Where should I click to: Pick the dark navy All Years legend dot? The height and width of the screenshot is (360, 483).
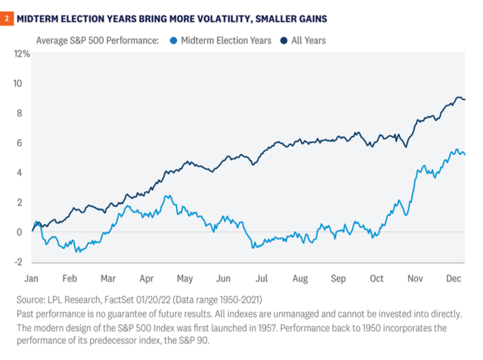click(284, 41)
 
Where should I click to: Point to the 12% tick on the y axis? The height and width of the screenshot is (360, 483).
click(22, 54)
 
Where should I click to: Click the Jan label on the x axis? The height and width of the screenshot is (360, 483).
click(32, 278)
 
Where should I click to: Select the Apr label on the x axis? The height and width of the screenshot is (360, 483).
click(147, 278)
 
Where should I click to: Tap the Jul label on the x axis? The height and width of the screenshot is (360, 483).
click(262, 278)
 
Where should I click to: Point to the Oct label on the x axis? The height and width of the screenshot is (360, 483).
click(377, 278)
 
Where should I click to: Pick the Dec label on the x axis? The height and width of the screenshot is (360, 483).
click(453, 278)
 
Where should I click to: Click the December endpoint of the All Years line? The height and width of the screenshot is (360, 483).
click(464, 99)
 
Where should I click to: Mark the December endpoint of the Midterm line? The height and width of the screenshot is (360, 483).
click(464, 154)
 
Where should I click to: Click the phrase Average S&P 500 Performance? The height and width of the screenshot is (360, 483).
click(97, 41)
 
